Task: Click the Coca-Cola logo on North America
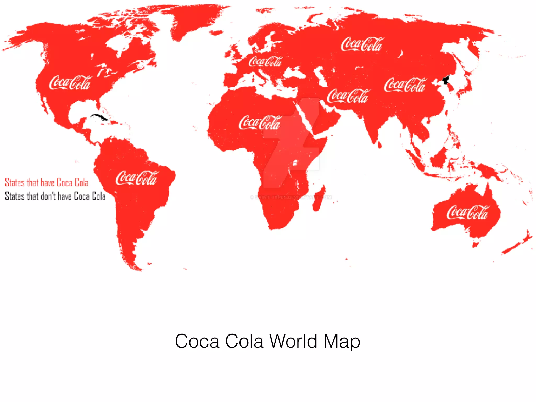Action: click(70, 83)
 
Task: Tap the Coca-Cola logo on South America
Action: click(136, 178)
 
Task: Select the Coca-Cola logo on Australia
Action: click(467, 212)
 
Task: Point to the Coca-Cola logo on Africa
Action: click(259, 122)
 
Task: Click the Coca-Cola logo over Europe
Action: click(265, 62)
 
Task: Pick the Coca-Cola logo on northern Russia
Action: click(362, 44)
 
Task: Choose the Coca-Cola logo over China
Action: click(405, 85)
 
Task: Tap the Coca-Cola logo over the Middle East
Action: click(348, 96)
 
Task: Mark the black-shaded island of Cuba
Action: click(99, 117)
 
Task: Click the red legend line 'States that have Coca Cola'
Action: click(47, 182)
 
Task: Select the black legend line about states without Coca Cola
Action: click(55, 196)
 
